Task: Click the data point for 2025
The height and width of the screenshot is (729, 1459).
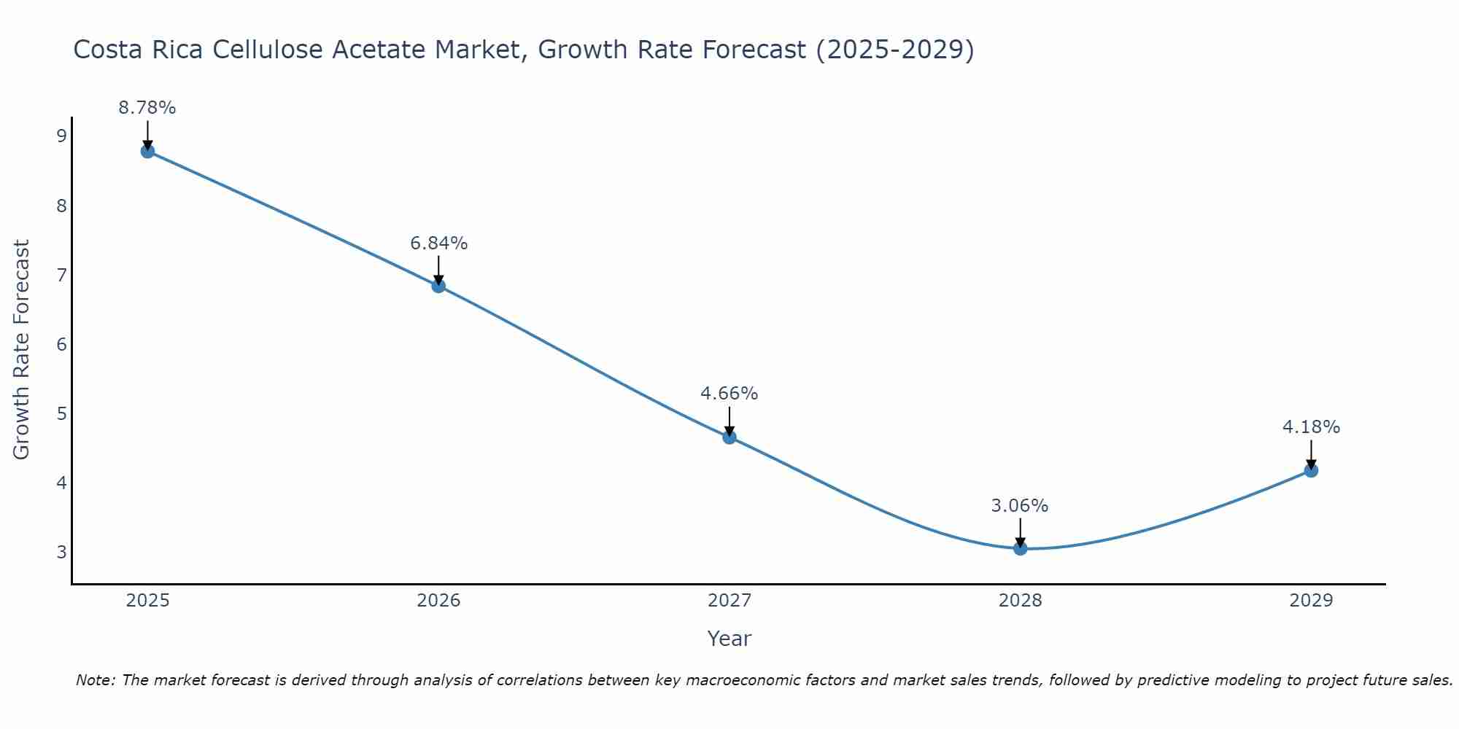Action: pyautogui.click(x=147, y=152)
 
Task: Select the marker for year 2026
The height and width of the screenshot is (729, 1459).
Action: pyautogui.click(x=438, y=286)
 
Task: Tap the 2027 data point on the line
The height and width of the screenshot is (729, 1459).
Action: pyautogui.click(x=729, y=437)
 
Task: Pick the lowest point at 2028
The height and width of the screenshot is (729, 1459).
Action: pyautogui.click(x=1020, y=548)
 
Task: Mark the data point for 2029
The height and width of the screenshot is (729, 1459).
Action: pyautogui.click(x=1311, y=471)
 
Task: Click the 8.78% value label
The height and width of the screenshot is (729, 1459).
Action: pyautogui.click(x=147, y=108)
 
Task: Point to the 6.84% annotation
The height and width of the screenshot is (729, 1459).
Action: pyautogui.click(x=438, y=243)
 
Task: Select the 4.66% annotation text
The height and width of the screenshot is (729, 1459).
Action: pyautogui.click(x=729, y=394)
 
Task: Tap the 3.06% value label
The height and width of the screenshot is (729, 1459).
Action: pyautogui.click(x=1020, y=506)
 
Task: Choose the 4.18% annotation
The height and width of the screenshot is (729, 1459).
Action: pyautogui.click(x=1311, y=427)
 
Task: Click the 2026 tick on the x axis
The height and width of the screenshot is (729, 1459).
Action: pyautogui.click(x=438, y=601)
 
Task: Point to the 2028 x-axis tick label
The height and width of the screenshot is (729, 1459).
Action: pyautogui.click(x=1020, y=601)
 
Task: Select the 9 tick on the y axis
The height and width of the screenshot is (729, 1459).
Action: pyautogui.click(x=61, y=136)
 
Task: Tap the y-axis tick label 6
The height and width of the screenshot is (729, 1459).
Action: pyautogui.click(x=61, y=344)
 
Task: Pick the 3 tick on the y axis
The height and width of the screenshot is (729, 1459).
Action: pyautogui.click(x=61, y=552)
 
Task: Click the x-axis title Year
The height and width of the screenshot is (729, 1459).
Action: pyautogui.click(x=729, y=639)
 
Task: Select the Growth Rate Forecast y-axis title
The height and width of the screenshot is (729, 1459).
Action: pyautogui.click(x=22, y=350)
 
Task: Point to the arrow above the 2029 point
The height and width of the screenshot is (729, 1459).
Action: pyautogui.click(x=1311, y=453)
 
